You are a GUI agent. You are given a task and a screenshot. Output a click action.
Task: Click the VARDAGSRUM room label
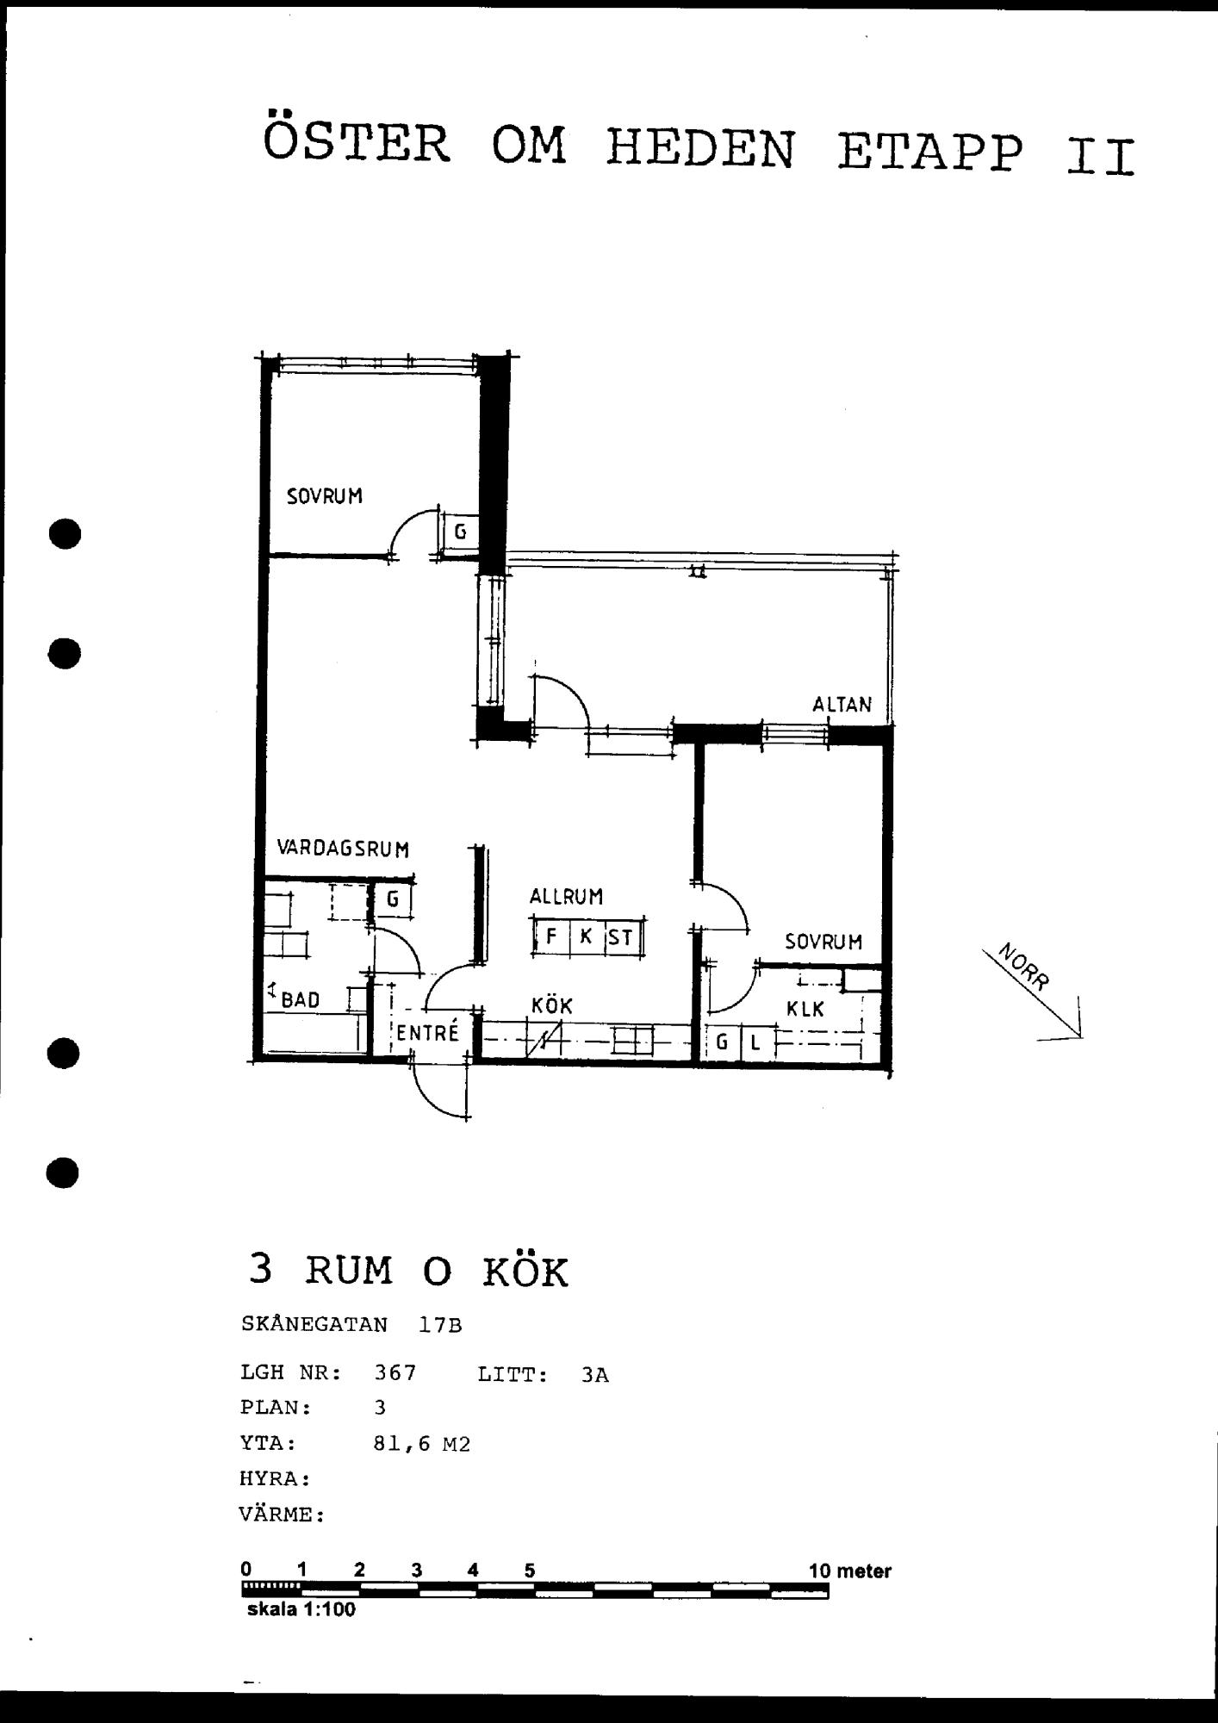343,849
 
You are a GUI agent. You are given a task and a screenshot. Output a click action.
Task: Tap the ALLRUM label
566,896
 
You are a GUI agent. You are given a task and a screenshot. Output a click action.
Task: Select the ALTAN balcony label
842,704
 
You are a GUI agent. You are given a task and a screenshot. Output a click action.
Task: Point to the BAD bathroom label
301,999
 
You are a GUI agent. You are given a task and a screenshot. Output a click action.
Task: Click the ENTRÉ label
427,1031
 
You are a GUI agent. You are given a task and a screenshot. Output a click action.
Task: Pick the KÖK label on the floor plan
551,1005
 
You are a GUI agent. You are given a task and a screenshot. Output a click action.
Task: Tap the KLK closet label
805,1009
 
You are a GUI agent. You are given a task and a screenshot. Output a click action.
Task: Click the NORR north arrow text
1024,967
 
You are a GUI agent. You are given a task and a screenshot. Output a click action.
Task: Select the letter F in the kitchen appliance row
551,936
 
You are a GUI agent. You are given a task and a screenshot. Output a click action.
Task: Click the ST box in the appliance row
621,936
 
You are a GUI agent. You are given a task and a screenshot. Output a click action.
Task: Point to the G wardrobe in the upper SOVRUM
460,532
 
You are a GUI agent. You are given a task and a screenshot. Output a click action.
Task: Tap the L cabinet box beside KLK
755,1043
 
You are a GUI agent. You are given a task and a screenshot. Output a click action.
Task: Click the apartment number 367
395,1372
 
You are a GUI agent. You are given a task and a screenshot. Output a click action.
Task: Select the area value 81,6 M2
422,1444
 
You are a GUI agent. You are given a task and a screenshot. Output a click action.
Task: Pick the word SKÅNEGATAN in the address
314,1324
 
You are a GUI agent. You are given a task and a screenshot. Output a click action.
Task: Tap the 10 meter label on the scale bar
850,1571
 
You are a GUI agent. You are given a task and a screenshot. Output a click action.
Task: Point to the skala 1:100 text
301,1610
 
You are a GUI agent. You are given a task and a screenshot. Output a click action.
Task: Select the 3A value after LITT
595,1375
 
